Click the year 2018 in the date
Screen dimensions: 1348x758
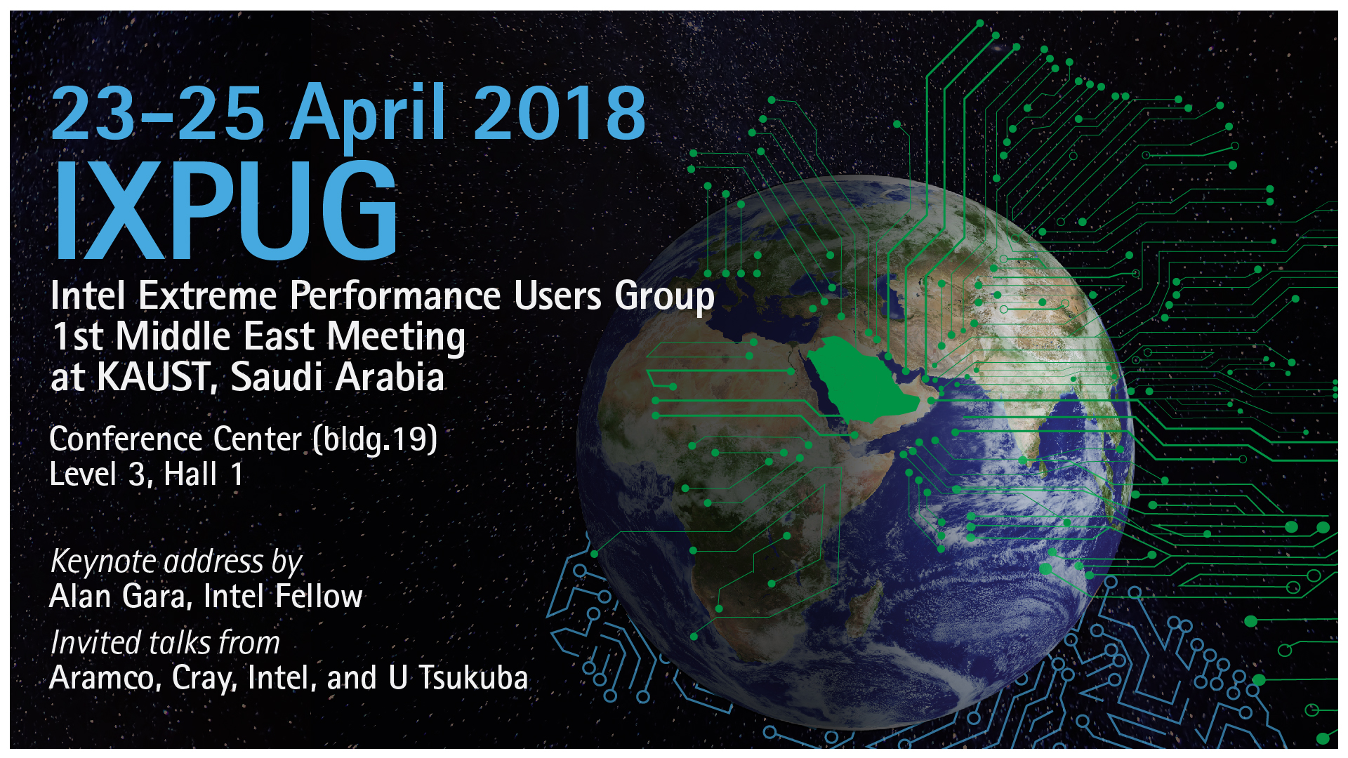560,113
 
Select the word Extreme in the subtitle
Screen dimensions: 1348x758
208,295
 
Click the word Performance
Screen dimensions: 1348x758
395,295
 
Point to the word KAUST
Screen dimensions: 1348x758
153,378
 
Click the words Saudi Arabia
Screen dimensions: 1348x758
338,377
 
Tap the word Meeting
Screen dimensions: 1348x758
396,338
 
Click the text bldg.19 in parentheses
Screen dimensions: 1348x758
376,440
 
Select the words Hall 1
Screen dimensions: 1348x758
204,474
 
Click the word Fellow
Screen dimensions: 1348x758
319,597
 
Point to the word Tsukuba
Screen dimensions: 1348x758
473,678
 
